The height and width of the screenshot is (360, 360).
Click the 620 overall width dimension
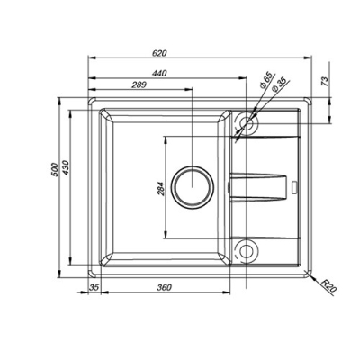click(159, 53)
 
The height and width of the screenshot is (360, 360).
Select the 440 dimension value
click(159, 74)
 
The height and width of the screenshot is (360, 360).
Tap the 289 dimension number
click(139, 85)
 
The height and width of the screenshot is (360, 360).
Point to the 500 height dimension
click(54, 170)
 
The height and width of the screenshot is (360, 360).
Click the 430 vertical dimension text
click(66, 168)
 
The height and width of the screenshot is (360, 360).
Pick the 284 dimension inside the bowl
click(161, 189)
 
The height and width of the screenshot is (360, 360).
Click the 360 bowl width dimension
click(165, 287)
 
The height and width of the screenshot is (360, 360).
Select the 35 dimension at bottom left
click(94, 287)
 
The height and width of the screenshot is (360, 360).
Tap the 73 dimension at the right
click(325, 82)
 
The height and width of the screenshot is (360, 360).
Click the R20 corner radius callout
click(329, 286)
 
